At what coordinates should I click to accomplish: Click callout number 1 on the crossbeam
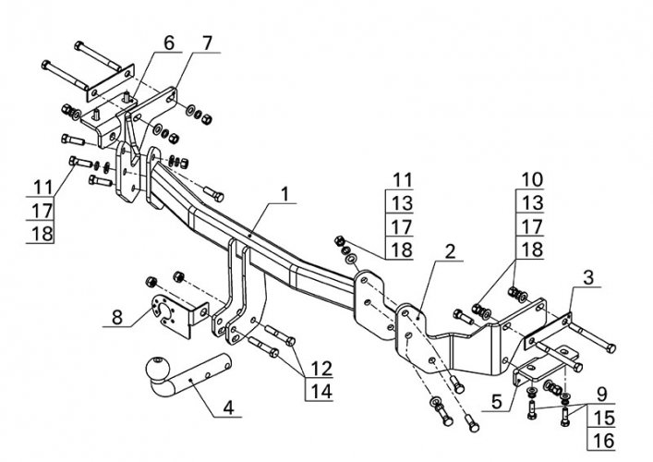(x=285, y=194)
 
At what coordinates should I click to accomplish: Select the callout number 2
(x=450, y=251)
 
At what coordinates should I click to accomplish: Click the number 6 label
(x=168, y=43)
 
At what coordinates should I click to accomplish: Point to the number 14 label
(x=319, y=390)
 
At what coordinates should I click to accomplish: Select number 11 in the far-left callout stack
(x=42, y=185)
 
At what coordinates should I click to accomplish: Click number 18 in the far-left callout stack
(x=42, y=233)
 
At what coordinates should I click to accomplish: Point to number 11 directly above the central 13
(x=401, y=179)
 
